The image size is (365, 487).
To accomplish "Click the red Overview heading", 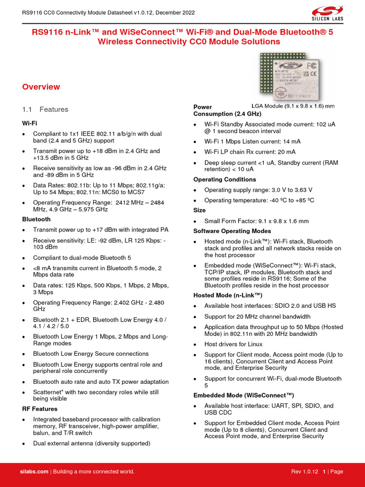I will (x=41, y=87).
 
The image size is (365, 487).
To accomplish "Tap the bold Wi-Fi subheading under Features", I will (x=29, y=123).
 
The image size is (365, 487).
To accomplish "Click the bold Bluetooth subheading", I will (x=36, y=219).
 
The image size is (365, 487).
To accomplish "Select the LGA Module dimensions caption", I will (x=293, y=106).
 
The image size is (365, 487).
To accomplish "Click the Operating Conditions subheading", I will (x=224, y=179).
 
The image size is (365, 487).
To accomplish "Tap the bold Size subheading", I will (x=200, y=210).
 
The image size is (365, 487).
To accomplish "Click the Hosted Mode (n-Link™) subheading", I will (x=228, y=295).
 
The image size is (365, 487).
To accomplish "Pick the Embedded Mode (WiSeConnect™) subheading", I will (x=244, y=395).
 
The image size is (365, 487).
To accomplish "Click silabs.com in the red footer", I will (x=34, y=471).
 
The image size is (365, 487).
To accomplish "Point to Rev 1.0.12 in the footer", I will (x=305, y=471).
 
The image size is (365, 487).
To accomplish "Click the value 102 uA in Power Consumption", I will (x=325, y=124).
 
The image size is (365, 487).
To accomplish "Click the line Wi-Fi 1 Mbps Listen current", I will (x=252, y=141).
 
